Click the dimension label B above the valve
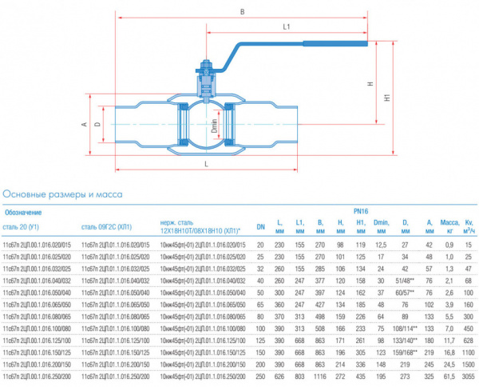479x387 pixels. [242, 10]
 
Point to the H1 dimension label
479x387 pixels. [387, 98]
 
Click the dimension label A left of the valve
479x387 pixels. [83, 125]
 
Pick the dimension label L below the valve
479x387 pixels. [207, 163]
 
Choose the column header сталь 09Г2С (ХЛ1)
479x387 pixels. [109, 226]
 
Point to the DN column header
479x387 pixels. [259, 226]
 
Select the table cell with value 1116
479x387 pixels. [319, 376]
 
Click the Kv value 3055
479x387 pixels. [469, 376]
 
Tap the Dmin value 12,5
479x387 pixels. [382, 244]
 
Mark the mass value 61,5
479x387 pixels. [450, 376]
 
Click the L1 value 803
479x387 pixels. [300, 376]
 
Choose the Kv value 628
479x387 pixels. [469, 340]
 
